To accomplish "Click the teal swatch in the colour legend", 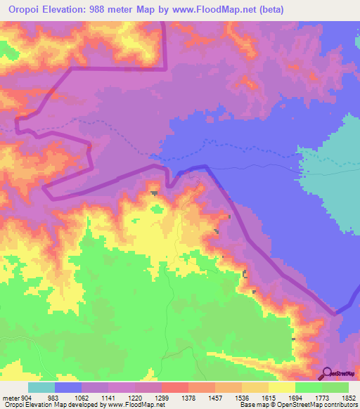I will pyautogui.click(x=41, y=387).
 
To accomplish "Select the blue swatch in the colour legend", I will pyautogui.click(x=68, y=387).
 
